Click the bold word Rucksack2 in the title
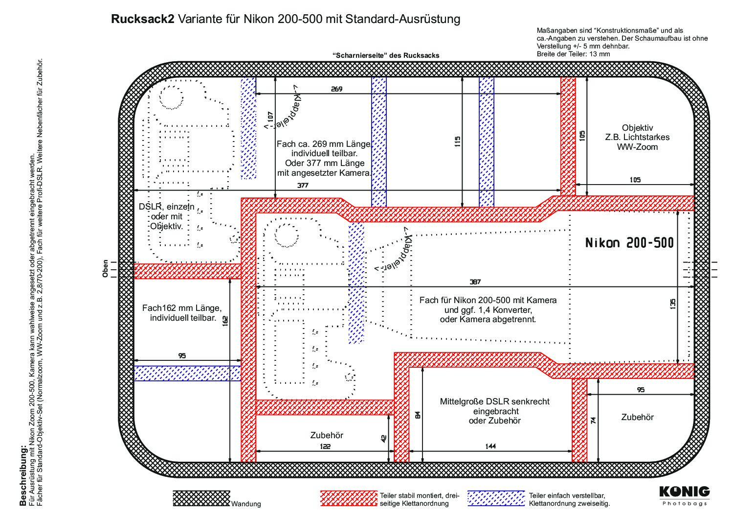143,19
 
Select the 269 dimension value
336,89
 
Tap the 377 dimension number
303,185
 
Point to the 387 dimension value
475,282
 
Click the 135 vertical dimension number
672,304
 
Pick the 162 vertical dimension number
225,321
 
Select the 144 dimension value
490,446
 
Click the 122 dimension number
325,446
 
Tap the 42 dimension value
384,439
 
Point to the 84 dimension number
417,415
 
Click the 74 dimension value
594,420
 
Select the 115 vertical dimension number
458,141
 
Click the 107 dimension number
270,116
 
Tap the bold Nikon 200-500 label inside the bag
629,243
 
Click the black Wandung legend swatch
201,498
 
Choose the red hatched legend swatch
349,498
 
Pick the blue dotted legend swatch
496,498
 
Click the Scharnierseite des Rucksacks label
386,55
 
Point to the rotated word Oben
105,269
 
